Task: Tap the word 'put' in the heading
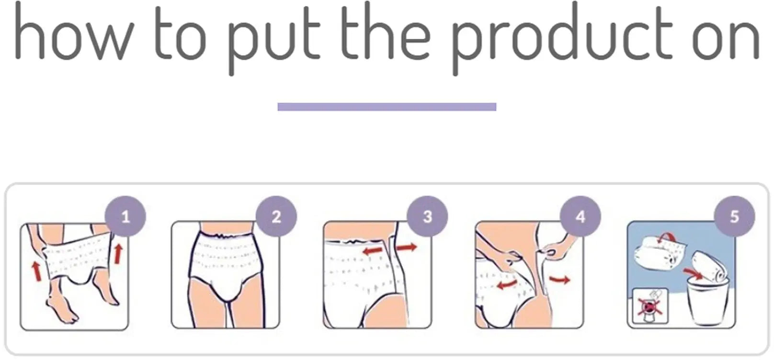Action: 273,38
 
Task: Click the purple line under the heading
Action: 387,107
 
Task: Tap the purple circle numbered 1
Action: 125,217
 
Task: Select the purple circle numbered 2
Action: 276,217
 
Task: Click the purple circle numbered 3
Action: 427,217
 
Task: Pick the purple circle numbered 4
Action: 580,217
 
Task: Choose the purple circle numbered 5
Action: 734,217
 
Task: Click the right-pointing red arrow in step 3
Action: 407,247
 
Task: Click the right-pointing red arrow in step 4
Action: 559,279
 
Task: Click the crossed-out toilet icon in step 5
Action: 647,305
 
